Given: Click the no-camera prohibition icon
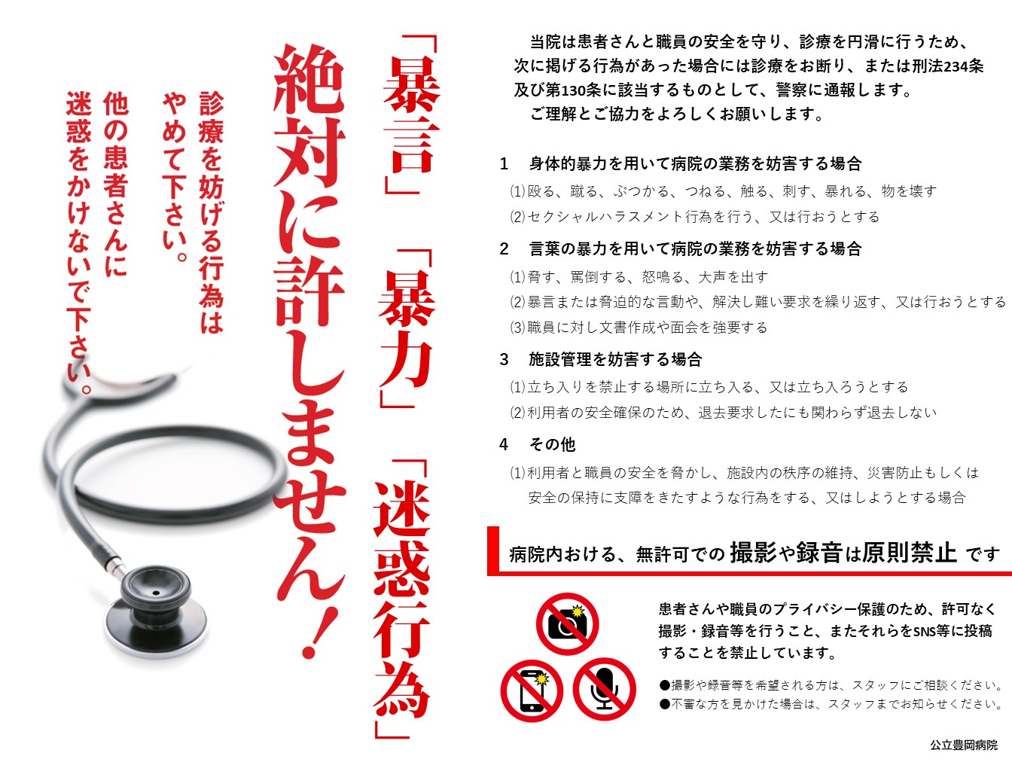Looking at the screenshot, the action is point(567,624).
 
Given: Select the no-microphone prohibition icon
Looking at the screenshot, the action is point(605,690).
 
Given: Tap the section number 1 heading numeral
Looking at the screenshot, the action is point(504,164).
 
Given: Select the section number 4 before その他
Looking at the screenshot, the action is point(504,445).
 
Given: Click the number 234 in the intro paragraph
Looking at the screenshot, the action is point(956,67).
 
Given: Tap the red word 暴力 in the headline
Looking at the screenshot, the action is point(406,328).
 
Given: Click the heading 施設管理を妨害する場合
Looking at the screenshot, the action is point(615,359).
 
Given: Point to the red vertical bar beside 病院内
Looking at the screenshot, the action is point(493,550).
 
